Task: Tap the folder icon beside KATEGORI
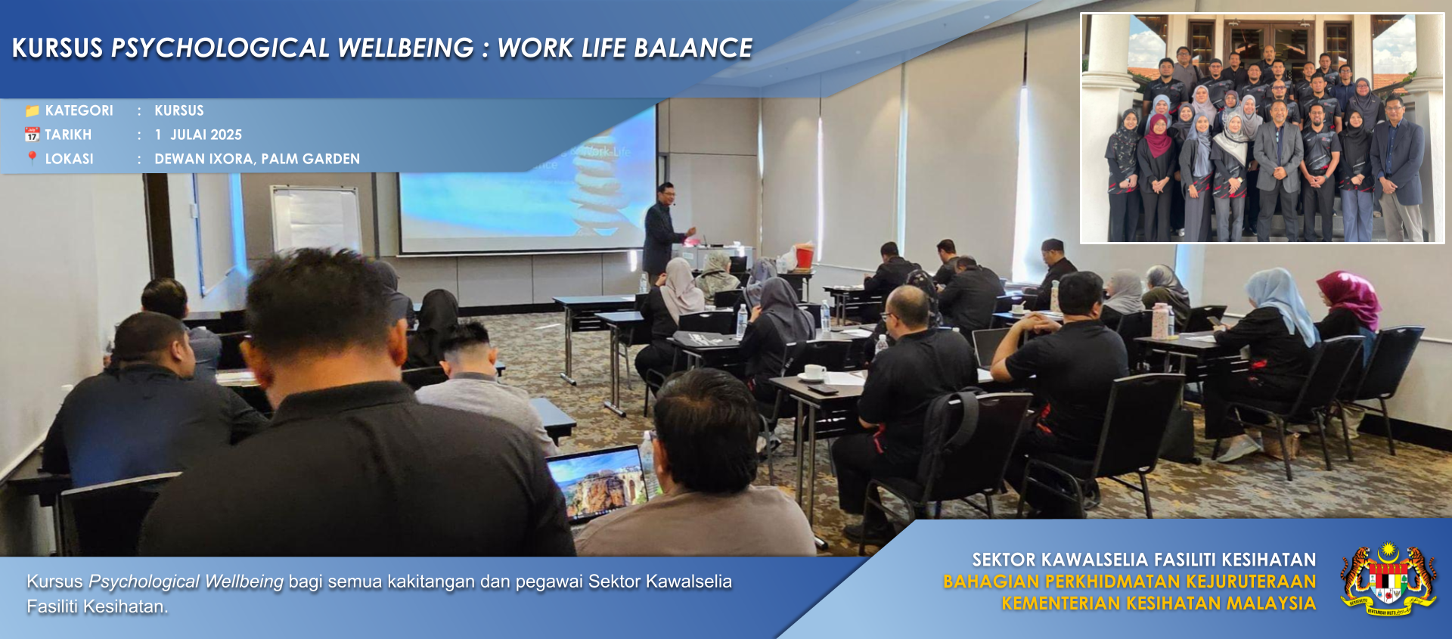(32, 111)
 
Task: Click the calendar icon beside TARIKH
(32, 135)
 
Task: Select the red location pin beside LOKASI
(32, 158)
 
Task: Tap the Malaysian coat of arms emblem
(1388, 579)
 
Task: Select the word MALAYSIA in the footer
(1271, 603)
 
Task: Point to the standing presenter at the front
(664, 231)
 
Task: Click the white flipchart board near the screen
(315, 219)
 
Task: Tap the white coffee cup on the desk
(814, 371)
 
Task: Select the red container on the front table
(805, 257)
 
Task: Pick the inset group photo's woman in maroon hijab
(1158, 135)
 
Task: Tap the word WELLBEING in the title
(405, 48)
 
